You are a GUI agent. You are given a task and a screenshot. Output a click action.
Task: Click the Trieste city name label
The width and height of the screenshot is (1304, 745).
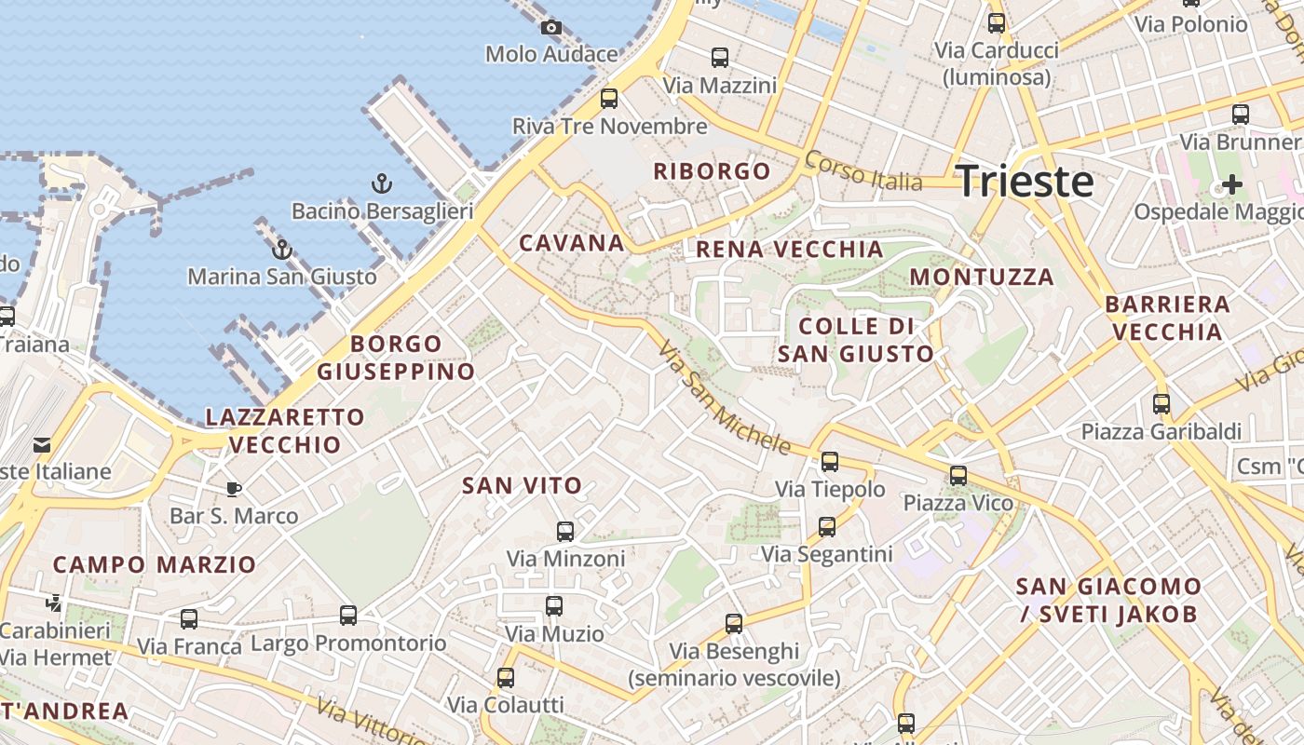(1025, 181)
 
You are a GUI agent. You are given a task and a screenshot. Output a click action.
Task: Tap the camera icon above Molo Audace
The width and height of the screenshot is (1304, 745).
(551, 27)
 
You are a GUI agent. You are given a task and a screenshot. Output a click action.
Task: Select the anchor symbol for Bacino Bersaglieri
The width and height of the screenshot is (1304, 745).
(381, 183)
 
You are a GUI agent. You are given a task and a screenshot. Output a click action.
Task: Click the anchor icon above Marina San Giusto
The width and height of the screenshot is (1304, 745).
(281, 249)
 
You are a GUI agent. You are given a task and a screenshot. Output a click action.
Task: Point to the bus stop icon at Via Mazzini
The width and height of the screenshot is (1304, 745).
(720, 58)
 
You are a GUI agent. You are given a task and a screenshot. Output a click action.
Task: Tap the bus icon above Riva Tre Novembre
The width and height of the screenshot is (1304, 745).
(609, 98)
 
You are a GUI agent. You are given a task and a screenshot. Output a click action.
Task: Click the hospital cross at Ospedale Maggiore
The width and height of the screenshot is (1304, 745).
(1231, 184)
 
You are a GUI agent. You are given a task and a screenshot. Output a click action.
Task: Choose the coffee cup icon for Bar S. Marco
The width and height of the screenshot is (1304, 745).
(234, 489)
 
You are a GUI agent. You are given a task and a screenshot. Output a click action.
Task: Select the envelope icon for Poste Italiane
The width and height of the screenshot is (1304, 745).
(42, 445)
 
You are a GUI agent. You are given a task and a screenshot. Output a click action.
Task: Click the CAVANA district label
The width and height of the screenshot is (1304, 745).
(571, 244)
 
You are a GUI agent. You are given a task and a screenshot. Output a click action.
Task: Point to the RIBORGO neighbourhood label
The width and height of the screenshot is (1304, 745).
(713, 171)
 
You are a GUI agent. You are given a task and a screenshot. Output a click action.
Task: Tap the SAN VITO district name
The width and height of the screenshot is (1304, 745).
(522, 485)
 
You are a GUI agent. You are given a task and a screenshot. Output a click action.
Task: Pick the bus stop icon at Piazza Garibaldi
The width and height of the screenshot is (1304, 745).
(1161, 404)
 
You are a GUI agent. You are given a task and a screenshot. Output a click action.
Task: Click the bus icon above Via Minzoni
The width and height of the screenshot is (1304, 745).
(565, 532)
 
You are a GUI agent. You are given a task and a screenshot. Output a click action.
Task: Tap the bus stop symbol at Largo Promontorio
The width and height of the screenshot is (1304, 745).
(348, 616)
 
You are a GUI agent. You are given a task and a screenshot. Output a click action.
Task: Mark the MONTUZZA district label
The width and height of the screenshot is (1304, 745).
(982, 277)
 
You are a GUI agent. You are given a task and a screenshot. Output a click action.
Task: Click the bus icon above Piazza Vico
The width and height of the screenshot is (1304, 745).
(958, 476)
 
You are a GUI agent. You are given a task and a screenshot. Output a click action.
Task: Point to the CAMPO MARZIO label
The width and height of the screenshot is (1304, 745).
(154, 564)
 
